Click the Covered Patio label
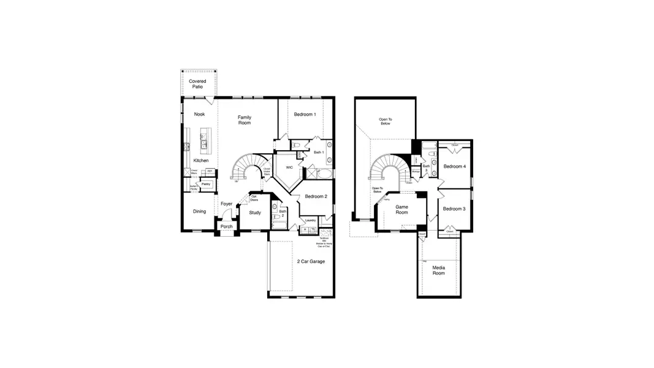197,84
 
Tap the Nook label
199,114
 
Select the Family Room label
245,120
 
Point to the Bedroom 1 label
305,114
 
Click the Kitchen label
200,161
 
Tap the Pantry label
206,183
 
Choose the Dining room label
199,212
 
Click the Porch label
226,226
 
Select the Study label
254,213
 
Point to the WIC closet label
289,167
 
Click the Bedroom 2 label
316,196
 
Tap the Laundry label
310,220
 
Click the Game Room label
401,209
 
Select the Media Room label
438,270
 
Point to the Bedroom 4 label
454,167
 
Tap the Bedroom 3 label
454,209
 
